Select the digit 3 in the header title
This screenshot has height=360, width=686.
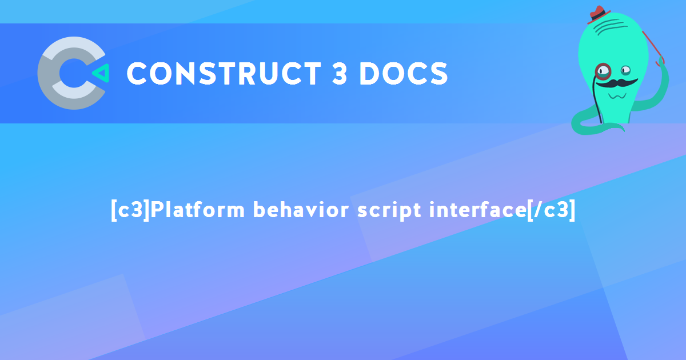[340, 74]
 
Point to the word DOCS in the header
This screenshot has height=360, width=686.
[404, 74]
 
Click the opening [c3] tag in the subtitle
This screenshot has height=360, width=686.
[130, 210]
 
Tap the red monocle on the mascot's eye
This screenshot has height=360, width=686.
[603, 71]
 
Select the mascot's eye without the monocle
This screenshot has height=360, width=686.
[625, 70]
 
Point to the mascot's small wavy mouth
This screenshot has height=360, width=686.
[616, 95]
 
